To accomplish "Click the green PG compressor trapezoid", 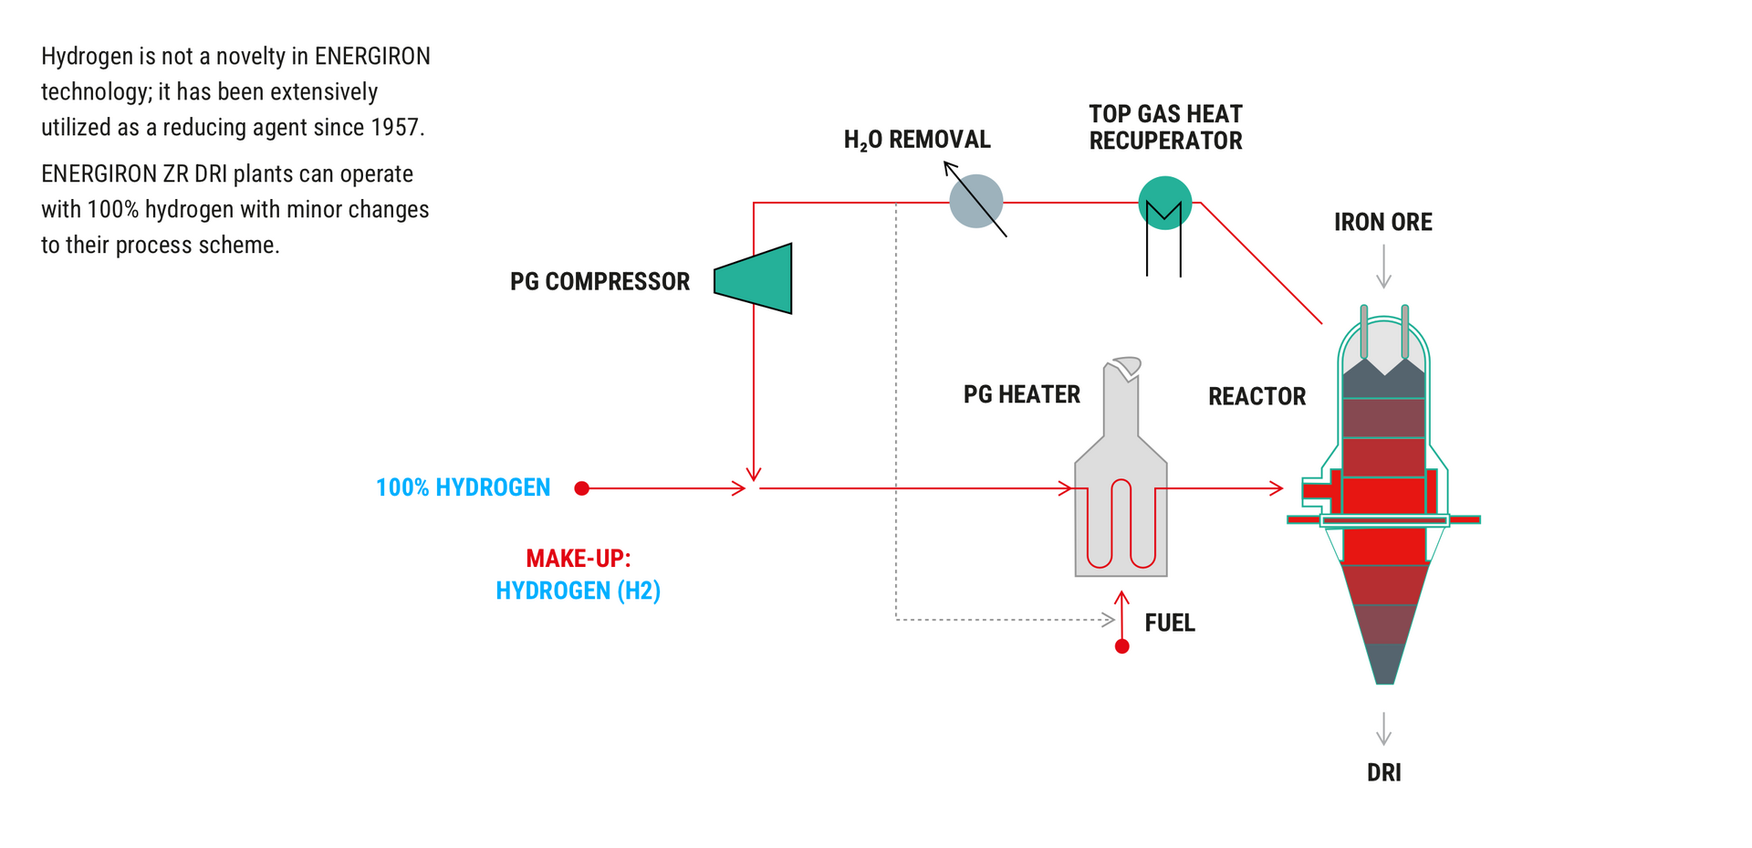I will point(756,278).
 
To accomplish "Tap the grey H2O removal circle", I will point(975,201).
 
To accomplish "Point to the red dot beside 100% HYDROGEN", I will point(581,488).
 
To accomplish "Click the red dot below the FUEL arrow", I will point(1122,646).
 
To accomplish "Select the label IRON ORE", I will point(1382,222).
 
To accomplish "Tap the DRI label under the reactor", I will point(1383,772).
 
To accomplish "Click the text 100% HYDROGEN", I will point(463,487).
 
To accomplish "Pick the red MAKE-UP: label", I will point(578,558).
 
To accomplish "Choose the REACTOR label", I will point(1257,396).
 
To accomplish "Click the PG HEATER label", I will point(1021,394).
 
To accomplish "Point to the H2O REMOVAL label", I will point(916,140).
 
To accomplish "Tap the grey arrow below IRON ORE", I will point(1383,267).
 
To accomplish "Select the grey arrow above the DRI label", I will point(1383,728).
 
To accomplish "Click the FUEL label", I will point(1169,623).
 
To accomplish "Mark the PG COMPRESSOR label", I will point(600,281).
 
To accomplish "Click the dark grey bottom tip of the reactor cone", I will point(1384,665).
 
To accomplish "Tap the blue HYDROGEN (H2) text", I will point(578,591).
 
